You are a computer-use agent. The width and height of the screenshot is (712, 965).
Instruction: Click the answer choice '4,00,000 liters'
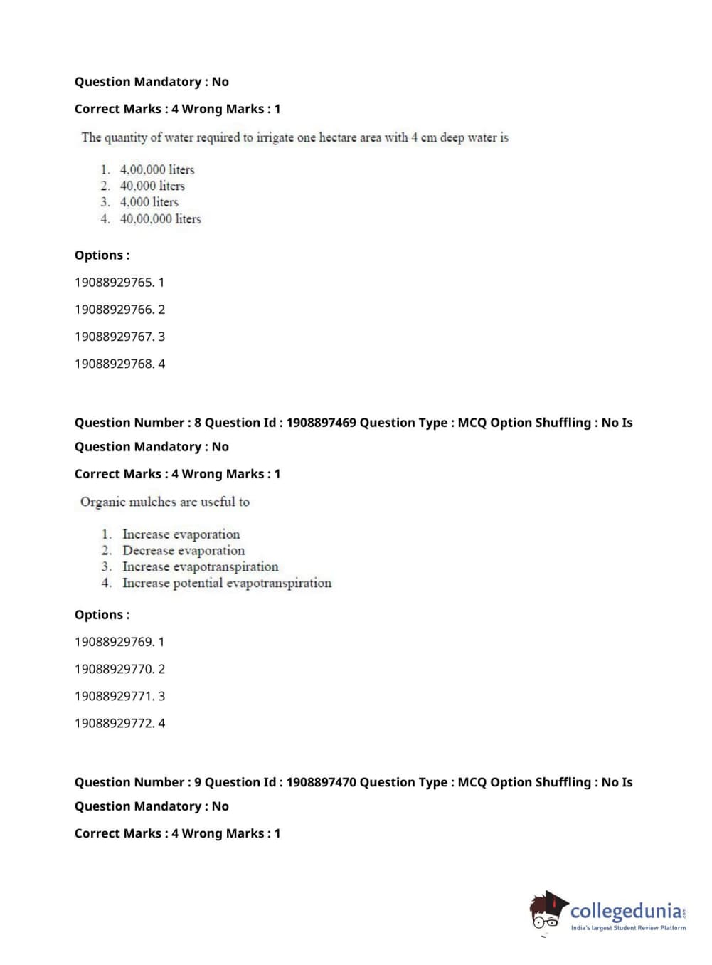[156, 169]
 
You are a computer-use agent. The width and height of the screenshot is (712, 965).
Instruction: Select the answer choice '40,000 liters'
[152, 186]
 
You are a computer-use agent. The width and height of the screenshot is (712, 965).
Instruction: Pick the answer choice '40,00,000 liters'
[160, 219]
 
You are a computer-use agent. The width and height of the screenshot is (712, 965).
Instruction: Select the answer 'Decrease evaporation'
[183, 551]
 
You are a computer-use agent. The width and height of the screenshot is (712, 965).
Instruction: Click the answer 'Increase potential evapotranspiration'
[226, 584]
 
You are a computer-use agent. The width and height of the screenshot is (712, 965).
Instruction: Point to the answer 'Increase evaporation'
[181, 534]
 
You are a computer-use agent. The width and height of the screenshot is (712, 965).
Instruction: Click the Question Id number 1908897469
[321, 423]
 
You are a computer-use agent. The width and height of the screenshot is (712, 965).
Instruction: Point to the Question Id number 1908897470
[321, 782]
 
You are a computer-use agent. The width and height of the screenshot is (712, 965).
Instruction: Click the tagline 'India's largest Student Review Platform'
[628, 928]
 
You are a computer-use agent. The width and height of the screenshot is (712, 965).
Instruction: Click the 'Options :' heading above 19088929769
[102, 615]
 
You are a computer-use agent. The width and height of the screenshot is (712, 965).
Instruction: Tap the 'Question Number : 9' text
[137, 782]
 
